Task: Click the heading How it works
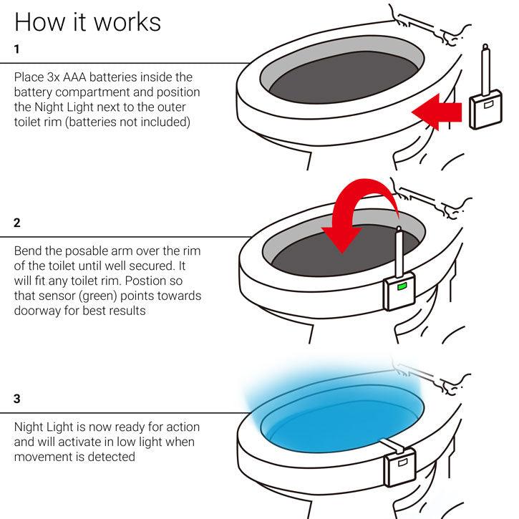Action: click(x=87, y=21)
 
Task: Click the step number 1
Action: click(x=18, y=49)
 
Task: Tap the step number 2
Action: click(x=18, y=223)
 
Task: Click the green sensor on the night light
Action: click(x=401, y=288)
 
